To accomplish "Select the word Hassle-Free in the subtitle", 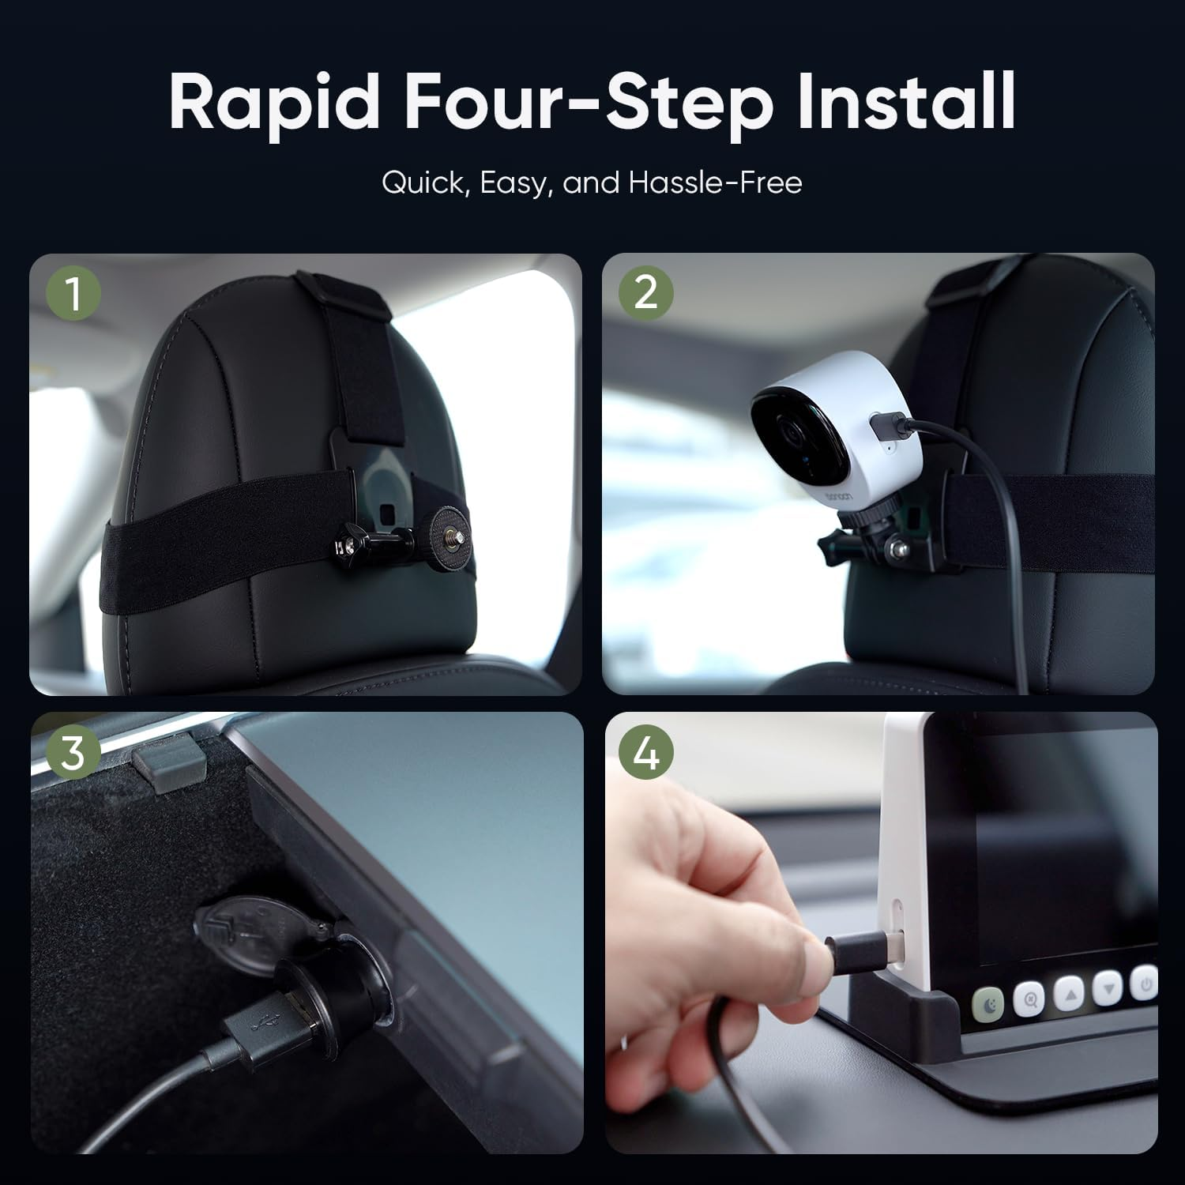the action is pos(716,182).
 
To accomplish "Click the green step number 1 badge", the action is pos(73,294).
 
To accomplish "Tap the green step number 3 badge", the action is pos(73,753).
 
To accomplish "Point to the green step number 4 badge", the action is pos(646,753).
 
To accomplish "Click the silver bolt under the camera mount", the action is pos(897,546).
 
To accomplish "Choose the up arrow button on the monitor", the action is pos(1068,992).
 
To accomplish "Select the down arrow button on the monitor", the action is pos(1107,986).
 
